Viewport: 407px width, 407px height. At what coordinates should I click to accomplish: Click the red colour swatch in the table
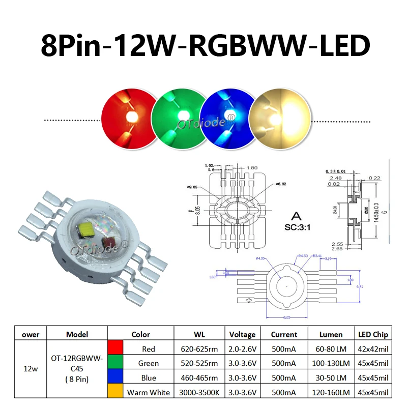coord(115,349)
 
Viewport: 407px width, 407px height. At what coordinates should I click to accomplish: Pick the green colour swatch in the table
coord(115,363)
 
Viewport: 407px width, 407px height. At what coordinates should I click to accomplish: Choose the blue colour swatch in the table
coord(115,378)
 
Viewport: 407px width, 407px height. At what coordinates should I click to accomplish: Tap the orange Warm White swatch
coord(115,392)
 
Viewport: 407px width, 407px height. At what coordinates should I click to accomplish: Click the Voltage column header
coord(242,334)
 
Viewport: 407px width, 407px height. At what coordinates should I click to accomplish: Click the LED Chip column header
coord(374,334)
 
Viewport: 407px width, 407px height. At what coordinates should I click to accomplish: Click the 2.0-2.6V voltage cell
coord(242,349)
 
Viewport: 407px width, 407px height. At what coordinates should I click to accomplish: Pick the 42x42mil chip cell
coord(374,349)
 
